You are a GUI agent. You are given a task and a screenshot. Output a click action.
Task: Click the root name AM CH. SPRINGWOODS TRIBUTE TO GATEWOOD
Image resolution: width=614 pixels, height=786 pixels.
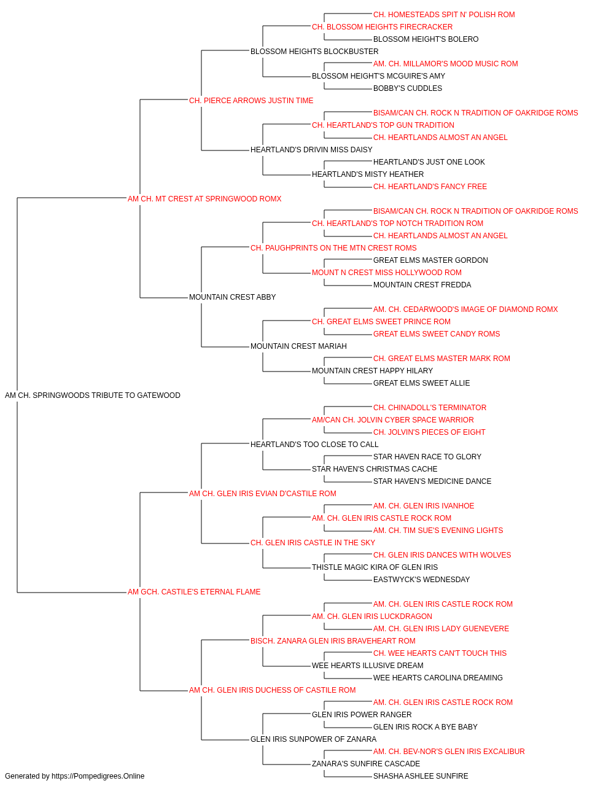point(93,395)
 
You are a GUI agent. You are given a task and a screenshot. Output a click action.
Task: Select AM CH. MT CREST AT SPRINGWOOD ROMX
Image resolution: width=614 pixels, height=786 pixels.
point(204,199)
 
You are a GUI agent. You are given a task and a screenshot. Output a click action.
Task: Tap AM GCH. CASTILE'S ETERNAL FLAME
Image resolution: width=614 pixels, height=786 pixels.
point(194,592)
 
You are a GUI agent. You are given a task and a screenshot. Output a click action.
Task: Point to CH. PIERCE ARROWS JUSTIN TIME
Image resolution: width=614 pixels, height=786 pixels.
point(251,101)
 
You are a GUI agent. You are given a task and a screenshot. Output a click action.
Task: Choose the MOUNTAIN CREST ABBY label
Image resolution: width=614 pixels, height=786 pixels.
point(232,297)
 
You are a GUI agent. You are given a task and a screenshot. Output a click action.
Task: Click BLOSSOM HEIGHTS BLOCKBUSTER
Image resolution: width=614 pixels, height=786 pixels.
point(314,52)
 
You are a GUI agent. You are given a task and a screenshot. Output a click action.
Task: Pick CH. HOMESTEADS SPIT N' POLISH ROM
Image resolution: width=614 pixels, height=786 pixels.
point(444,15)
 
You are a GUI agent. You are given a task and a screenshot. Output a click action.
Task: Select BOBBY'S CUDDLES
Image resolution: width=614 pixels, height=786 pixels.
point(408,88)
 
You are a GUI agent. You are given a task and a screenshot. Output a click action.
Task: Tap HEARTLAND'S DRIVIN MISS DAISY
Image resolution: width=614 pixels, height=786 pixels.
point(311,150)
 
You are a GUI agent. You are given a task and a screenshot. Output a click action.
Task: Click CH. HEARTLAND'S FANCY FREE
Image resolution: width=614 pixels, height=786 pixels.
point(430,187)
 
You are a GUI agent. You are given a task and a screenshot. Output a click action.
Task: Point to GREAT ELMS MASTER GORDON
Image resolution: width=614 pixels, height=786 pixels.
point(430,260)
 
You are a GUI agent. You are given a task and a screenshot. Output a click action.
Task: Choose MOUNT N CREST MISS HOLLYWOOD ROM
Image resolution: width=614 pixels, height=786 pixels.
point(387,273)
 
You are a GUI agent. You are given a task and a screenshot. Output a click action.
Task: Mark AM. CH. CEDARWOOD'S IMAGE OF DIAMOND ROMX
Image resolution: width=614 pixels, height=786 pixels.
point(465,309)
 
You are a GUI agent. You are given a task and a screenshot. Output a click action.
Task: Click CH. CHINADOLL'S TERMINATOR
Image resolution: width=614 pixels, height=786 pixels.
point(430,408)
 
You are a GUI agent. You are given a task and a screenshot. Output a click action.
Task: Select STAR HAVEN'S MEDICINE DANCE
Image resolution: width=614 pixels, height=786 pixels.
point(432,481)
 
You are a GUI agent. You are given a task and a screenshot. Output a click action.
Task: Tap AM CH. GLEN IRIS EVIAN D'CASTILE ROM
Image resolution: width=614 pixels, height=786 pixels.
point(263,493)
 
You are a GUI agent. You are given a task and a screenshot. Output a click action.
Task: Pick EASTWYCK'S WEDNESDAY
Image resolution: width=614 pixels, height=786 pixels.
point(421,580)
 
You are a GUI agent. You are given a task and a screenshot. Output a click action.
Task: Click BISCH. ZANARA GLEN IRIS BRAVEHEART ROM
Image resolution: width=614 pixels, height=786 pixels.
point(333,641)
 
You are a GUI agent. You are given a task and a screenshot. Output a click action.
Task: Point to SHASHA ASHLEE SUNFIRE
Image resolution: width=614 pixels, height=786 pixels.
point(421,776)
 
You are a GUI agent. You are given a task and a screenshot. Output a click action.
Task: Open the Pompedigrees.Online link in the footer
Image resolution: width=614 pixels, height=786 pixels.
point(98,776)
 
